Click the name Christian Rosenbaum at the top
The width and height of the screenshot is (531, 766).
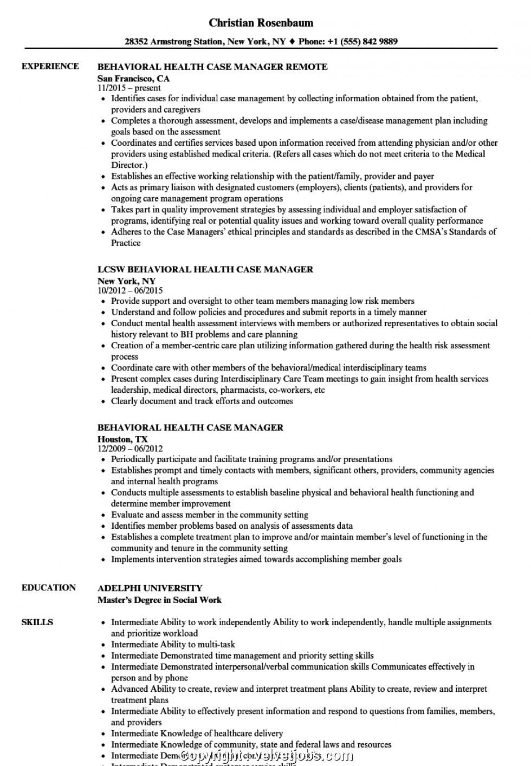coord(261,23)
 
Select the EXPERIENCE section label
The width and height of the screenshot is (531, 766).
coord(50,66)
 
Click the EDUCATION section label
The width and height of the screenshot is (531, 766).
coord(48,587)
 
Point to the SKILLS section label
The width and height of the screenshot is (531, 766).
coord(37,622)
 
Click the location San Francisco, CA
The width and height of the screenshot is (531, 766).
coord(133,78)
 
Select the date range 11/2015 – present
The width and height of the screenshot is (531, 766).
coord(129,88)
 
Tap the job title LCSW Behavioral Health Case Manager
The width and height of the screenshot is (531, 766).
coord(205,269)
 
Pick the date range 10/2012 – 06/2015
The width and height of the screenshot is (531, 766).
coord(130,290)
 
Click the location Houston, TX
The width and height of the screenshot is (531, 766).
coord(122,439)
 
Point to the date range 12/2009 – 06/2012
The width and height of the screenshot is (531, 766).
coord(130,449)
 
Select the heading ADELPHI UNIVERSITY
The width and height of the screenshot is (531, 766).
coord(150,588)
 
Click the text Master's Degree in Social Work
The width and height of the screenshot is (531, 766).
coord(159,600)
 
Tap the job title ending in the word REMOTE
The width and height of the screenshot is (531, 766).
coord(212,67)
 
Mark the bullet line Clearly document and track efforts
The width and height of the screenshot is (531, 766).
coord(202,401)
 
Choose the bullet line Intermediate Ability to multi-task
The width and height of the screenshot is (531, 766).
coord(173,644)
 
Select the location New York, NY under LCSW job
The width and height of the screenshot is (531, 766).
coord(126,281)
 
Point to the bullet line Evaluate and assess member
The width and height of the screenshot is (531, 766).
coord(209,515)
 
